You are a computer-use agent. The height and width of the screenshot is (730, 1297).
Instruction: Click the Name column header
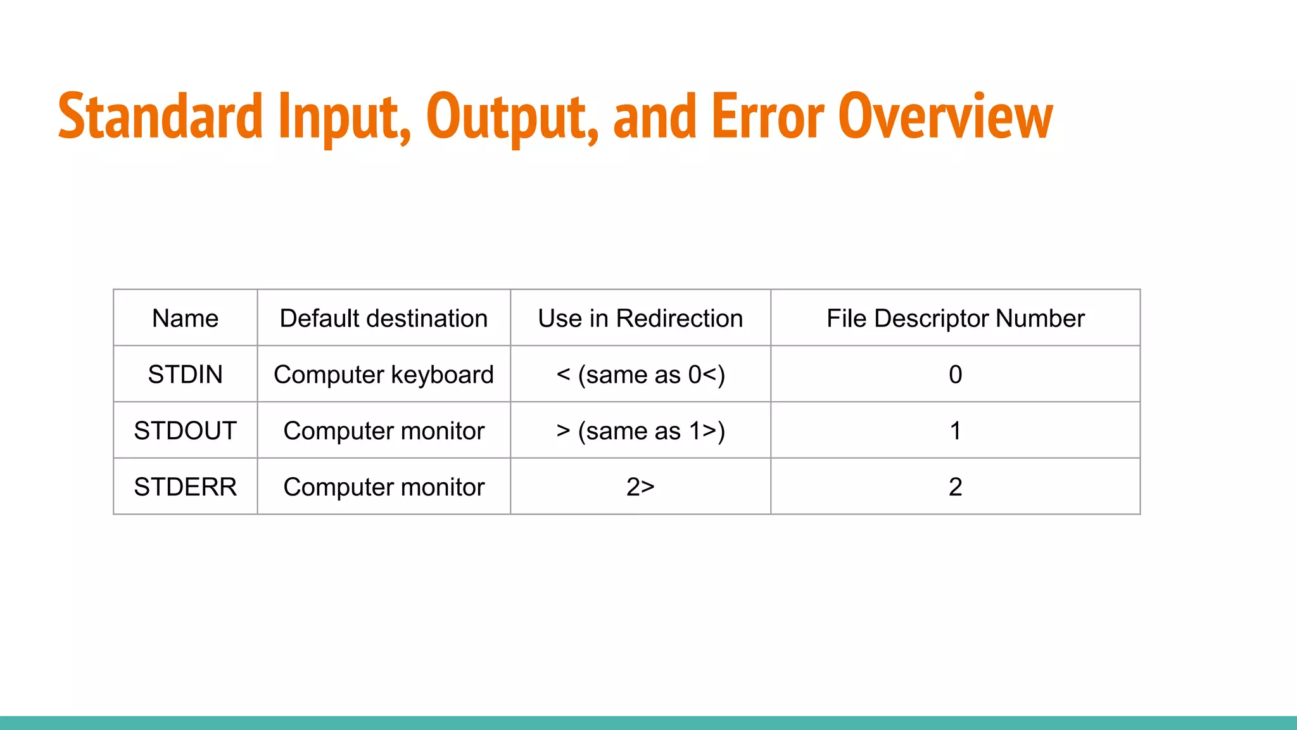pyautogui.click(x=185, y=318)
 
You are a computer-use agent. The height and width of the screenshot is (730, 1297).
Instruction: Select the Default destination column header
pyautogui.click(x=384, y=318)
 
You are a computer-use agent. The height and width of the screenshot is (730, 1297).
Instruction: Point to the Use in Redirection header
pyautogui.click(x=640, y=318)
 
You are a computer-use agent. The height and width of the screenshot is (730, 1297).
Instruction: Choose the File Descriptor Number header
pyautogui.click(x=955, y=318)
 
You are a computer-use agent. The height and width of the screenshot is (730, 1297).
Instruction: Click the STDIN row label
pyautogui.click(x=185, y=375)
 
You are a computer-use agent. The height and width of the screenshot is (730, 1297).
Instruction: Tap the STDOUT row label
pyautogui.click(x=185, y=431)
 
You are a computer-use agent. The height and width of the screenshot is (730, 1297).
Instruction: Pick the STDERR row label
pyautogui.click(x=185, y=487)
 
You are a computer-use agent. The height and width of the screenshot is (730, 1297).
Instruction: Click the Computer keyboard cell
pyautogui.click(x=384, y=375)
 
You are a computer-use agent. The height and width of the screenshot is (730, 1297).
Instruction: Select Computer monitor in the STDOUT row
pyautogui.click(x=384, y=431)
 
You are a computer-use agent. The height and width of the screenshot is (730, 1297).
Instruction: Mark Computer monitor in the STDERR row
pyautogui.click(x=384, y=487)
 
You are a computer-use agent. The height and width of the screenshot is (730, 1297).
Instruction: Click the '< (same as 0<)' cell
pyautogui.click(x=640, y=375)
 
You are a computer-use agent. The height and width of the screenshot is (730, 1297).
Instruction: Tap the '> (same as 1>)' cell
pyautogui.click(x=640, y=431)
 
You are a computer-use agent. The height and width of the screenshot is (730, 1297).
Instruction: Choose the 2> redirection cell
pyautogui.click(x=640, y=487)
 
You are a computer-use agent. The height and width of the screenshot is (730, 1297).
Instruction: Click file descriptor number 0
pyautogui.click(x=955, y=375)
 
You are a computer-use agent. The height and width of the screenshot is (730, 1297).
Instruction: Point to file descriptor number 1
pyautogui.click(x=955, y=431)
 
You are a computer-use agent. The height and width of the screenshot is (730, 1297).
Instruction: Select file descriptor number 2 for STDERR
pyautogui.click(x=955, y=487)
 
